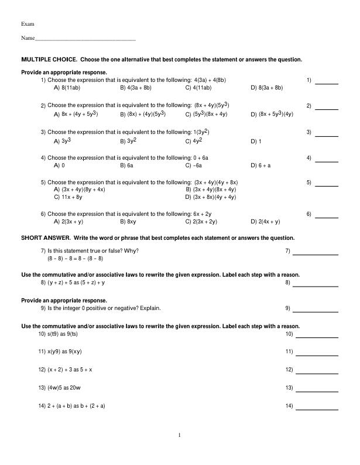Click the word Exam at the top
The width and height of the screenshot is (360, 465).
click(28, 24)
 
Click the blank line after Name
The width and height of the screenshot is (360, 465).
click(85, 39)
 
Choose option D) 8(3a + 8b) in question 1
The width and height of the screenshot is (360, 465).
click(266, 88)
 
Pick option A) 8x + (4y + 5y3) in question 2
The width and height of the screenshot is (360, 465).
click(76, 115)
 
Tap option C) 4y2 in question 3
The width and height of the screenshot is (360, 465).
click(194, 142)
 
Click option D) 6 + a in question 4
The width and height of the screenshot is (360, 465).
click(260, 166)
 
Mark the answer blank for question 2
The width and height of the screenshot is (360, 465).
click(327, 109)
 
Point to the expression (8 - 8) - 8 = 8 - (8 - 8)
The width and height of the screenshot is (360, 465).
click(75, 258)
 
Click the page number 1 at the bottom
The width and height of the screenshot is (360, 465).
click(180, 435)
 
